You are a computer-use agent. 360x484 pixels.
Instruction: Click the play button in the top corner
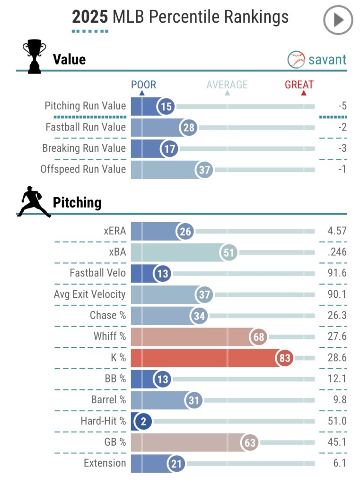pos(338,20)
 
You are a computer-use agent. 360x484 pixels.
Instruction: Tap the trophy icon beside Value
pos(35,57)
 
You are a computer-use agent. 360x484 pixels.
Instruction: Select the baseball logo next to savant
pos(296,60)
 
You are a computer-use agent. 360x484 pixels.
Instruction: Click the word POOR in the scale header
pos(143,85)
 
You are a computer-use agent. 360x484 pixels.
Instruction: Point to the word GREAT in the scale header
pos(299,85)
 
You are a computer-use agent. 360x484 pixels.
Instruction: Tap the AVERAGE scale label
pos(227,85)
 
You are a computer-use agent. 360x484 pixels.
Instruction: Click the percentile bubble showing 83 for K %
pos(285,358)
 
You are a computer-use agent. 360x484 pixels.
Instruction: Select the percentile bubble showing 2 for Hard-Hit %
pos(143,421)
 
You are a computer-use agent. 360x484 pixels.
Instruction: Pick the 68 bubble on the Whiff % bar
pos(259,337)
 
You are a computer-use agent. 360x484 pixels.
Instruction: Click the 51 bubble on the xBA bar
pos(229,252)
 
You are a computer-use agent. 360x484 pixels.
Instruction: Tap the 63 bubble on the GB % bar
pos(250,442)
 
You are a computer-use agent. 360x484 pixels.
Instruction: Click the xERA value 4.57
pos(337,231)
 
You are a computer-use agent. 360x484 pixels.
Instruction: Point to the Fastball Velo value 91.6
pos(337,273)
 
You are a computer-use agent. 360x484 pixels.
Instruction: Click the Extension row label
pos(105,463)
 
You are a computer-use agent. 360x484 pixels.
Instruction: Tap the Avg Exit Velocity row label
pos(90,294)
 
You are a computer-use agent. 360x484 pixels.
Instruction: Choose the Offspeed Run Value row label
pos(83,169)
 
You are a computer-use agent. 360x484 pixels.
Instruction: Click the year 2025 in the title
pos(90,17)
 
